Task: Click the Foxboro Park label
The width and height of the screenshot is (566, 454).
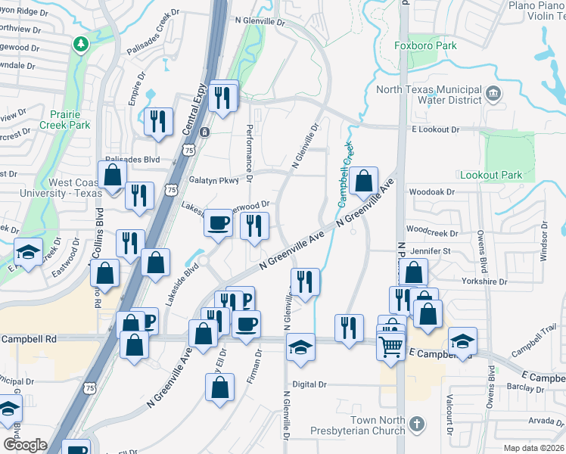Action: tap(426, 46)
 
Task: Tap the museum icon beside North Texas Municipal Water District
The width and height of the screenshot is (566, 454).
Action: tap(494, 95)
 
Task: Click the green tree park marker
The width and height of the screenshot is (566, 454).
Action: tap(80, 45)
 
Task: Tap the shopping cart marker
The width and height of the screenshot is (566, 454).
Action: tap(390, 347)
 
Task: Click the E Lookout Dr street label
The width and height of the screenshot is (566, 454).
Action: tap(435, 129)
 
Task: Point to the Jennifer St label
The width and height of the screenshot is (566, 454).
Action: tap(430, 250)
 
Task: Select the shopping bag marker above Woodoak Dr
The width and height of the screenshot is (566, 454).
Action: tap(364, 181)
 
